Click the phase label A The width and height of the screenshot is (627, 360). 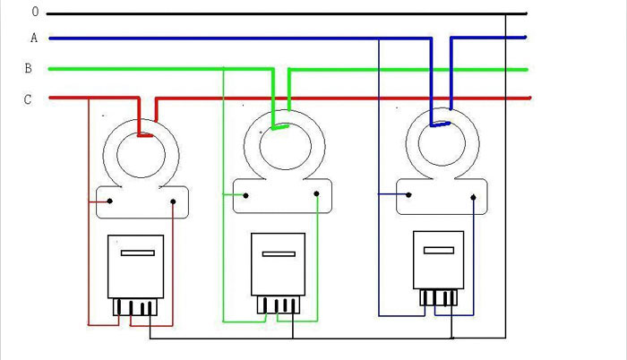pos(33,38)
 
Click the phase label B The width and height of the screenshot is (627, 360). pos(29,68)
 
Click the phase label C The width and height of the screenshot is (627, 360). pos(28,99)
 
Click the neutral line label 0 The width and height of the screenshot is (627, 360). pos(35,13)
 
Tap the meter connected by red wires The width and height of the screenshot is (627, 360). pos(135,266)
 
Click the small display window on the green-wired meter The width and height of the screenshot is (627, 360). pos(279,253)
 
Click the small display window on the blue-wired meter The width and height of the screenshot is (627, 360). pos(437,249)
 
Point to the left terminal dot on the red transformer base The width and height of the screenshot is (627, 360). pos(110,201)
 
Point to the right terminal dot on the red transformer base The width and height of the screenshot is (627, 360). pos(173,201)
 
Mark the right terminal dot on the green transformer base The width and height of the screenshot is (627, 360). pos(315,193)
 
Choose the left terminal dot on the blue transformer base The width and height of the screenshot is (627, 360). pos(409,193)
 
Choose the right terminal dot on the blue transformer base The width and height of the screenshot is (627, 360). pos(472,193)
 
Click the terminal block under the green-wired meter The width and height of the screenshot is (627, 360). pos(278,305)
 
